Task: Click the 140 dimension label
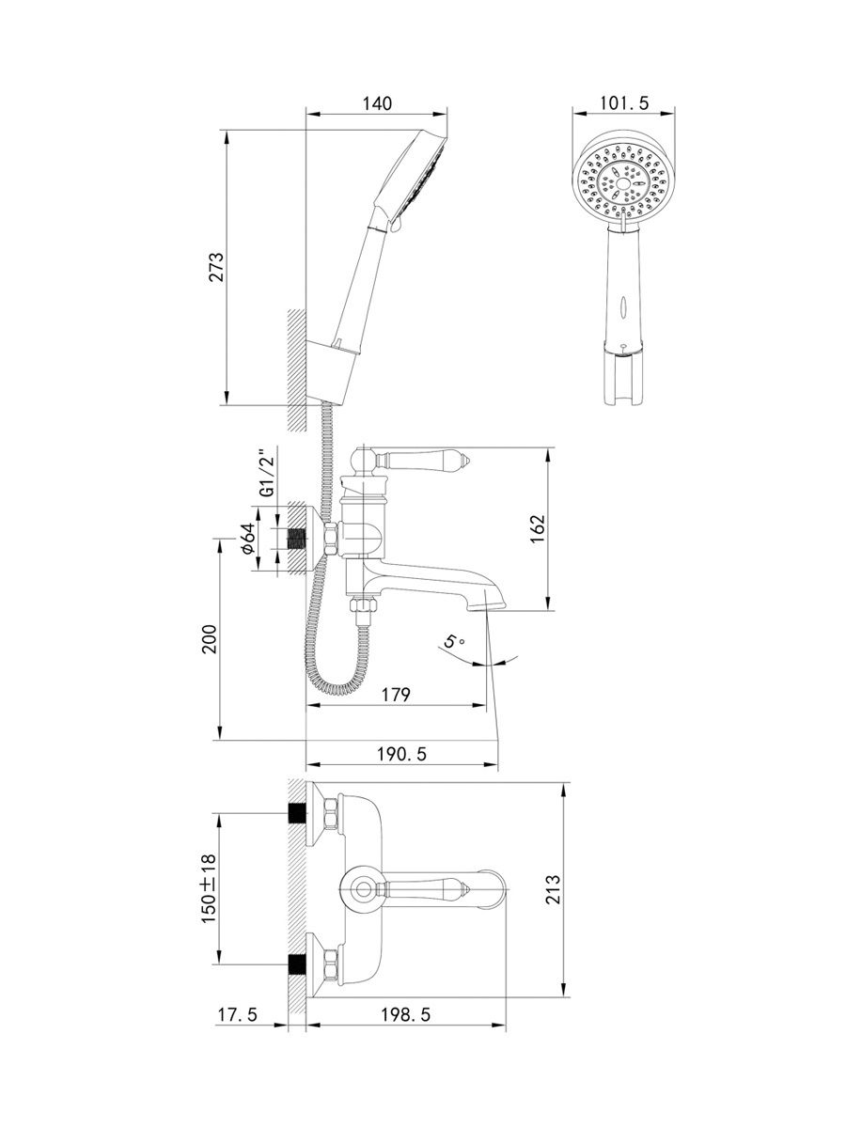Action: pos(377,103)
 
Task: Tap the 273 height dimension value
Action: pos(216,267)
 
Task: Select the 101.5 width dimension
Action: pos(624,103)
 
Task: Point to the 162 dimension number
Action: pos(536,529)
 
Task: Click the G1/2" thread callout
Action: pos(267,475)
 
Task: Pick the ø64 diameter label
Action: pos(247,539)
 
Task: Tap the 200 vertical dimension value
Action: pos(209,639)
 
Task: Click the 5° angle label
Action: pos(454,641)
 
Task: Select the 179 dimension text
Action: pos(396,695)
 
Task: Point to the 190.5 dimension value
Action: pos(401,755)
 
